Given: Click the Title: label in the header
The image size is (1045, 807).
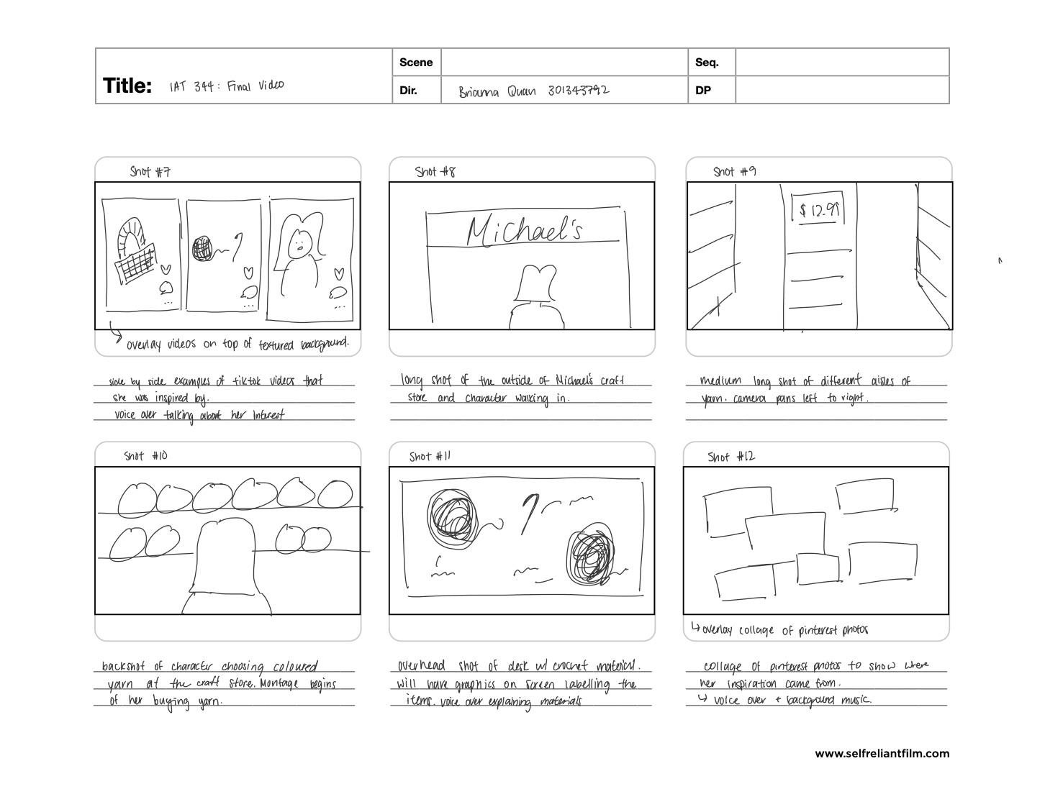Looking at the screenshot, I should tap(127, 86).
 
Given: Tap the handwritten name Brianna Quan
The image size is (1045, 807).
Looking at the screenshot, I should tap(497, 91).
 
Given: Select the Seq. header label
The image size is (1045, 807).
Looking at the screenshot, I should tap(707, 63).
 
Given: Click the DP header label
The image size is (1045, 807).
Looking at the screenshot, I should tap(703, 91).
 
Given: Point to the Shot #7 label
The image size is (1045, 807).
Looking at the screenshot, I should tap(150, 171).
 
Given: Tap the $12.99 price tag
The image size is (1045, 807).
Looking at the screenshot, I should tap(819, 210).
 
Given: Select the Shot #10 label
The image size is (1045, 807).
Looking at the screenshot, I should tap(145, 456).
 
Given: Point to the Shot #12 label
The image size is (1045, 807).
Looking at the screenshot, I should tap(731, 457).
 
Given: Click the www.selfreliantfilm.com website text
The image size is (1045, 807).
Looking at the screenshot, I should tap(882, 754).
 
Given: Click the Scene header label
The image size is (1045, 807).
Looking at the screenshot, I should tap(416, 63).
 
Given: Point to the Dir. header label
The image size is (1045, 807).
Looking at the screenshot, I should tap(408, 91).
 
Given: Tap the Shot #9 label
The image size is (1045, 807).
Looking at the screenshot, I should tap(734, 171).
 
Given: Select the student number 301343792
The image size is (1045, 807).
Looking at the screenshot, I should tap(578, 91).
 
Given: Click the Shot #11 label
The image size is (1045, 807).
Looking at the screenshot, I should tap(430, 457).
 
